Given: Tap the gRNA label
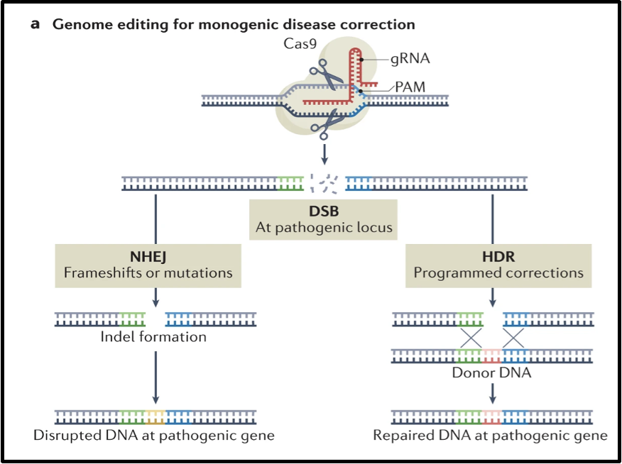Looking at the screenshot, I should pos(410,59).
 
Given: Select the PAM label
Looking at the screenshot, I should pos(410,87).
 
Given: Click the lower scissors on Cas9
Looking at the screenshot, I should pos(326,125).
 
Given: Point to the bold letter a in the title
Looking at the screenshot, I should pos(36,25).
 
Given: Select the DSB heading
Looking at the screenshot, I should pos(324,212).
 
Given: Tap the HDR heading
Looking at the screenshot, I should pos(498,255).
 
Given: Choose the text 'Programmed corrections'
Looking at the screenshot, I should pos(498,272).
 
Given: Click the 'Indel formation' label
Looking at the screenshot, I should pos(153,337).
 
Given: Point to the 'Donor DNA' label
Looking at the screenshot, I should pos(491,372).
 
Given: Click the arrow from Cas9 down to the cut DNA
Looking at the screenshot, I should pos(324,152).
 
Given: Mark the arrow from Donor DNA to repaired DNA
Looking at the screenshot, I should pos(491,392).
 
